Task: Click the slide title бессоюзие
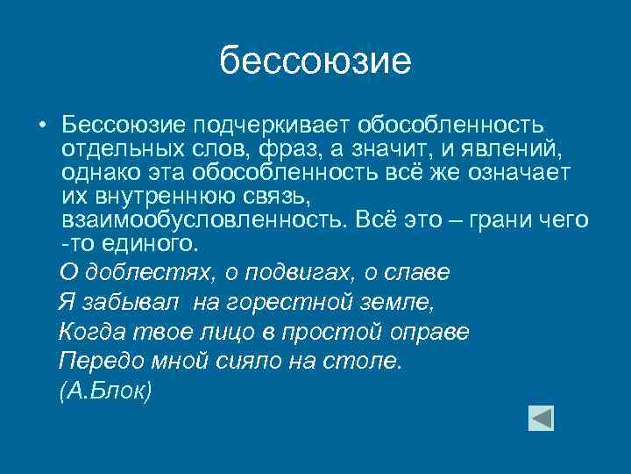pos(315,61)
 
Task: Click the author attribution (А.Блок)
pos(106,391)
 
